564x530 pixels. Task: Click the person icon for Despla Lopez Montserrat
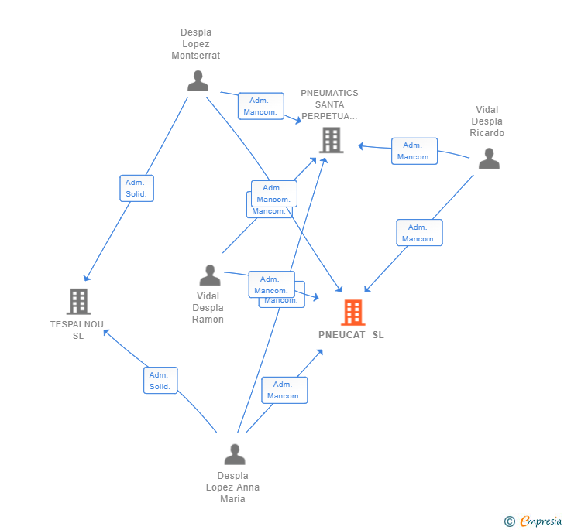pos(198,81)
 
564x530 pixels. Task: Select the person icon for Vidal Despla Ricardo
pos(489,159)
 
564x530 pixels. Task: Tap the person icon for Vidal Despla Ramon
pos(209,275)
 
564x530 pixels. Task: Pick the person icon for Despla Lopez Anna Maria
pos(234,454)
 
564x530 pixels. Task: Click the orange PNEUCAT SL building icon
pos(352,313)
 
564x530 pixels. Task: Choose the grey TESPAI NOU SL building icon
pos(78,302)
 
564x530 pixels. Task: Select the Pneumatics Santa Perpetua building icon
pos(331,140)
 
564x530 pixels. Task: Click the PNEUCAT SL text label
pos(351,335)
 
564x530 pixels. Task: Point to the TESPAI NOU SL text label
pos(77,330)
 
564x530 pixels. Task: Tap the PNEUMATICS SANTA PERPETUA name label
pos(330,105)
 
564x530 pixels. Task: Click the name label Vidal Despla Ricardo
pos(487,121)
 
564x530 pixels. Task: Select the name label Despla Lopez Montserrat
pos(196,44)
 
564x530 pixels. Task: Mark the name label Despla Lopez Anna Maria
pos(232,487)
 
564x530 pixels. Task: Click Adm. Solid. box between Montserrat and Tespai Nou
pos(136,188)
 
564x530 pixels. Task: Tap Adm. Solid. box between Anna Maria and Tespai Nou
pos(160,381)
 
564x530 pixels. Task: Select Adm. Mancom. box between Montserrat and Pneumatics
pos(260,106)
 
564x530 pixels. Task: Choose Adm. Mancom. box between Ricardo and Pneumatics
pos(414,151)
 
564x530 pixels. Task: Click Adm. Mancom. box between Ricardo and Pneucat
pos(419,233)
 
